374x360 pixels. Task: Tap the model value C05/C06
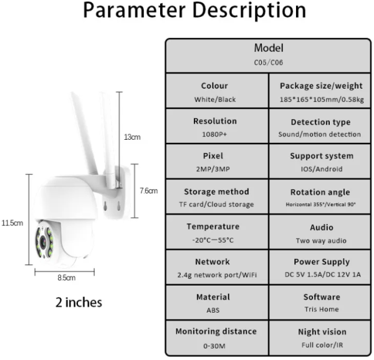269,62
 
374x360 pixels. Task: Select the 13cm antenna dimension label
132,137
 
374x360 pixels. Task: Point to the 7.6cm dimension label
148,190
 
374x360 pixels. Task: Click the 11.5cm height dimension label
12,223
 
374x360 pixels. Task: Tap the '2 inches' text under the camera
79,303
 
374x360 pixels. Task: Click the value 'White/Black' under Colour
214,99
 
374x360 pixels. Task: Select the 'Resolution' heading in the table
214,121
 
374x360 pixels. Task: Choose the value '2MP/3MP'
214,169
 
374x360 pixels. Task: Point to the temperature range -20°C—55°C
214,240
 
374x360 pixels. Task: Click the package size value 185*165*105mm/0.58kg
321,99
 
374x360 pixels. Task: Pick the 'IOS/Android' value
321,169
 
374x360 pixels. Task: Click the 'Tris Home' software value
321,310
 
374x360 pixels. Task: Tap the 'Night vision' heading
321,332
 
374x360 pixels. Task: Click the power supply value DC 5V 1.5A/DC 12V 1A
321,275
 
